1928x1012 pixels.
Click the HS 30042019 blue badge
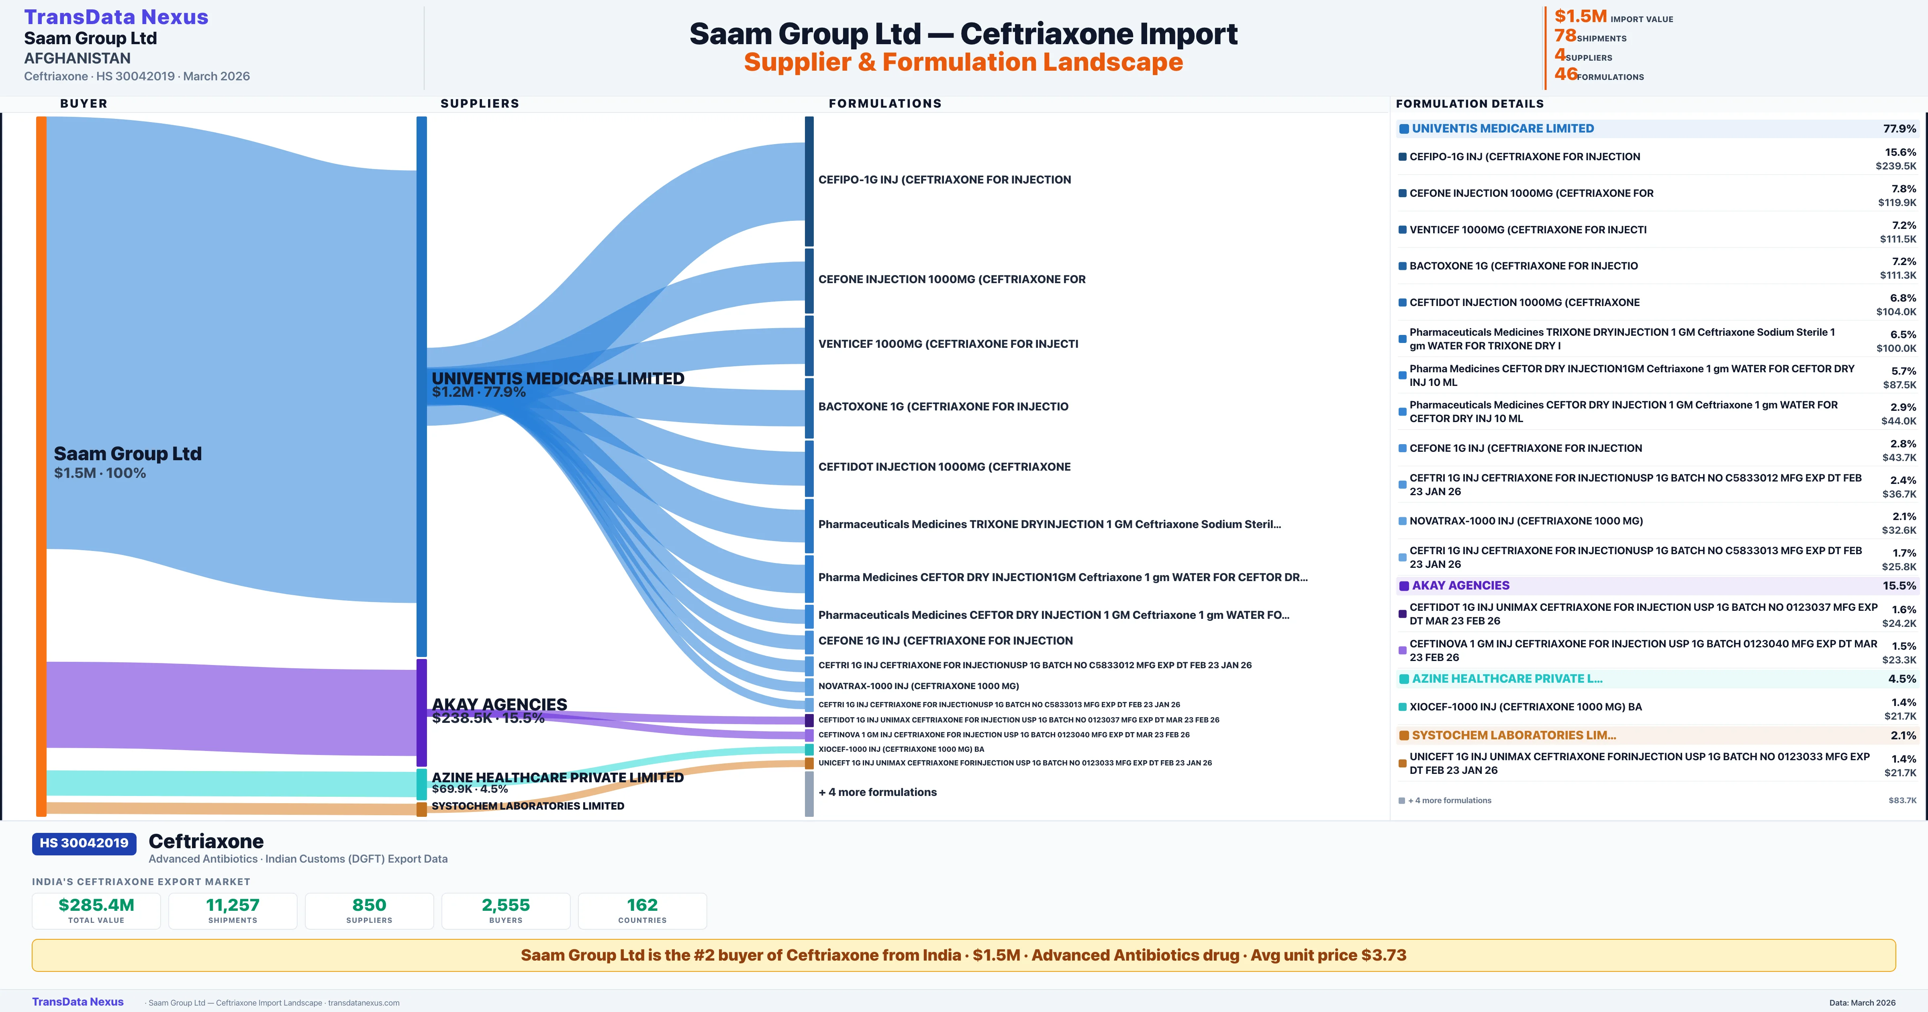[84, 843]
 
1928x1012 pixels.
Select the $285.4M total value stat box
[96, 910]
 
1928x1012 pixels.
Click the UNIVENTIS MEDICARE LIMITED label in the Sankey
[558, 379]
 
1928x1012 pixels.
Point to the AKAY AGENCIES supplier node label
[499, 704]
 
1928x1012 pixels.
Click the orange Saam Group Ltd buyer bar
[41, 464]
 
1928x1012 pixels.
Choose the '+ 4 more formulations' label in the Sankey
[877, 792]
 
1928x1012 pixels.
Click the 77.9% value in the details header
[1899, 129]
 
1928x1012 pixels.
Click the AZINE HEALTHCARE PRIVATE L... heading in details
[1507, 679]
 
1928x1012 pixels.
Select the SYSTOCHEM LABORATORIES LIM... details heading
[1513, 735]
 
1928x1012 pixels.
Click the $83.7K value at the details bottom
[1902, 800]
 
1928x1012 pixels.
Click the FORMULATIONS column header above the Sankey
[884, 103]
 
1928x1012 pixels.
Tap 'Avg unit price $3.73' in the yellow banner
[1328, 955]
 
